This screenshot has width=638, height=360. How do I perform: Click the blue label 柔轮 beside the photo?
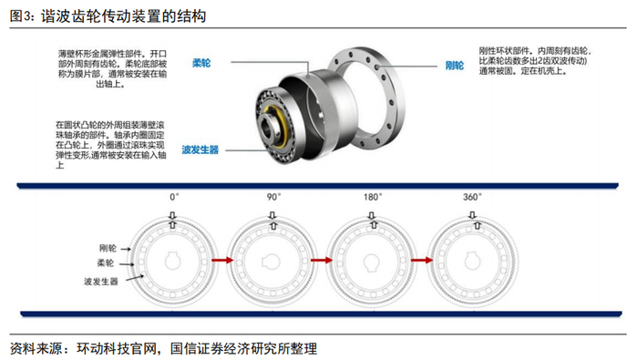pos(201,63)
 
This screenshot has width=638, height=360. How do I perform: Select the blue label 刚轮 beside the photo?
pos(455,66)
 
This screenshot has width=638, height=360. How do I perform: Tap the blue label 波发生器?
pos(201,149)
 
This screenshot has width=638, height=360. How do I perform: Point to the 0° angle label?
pos(174,197)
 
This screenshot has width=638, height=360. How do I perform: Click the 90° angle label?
pos(273,197)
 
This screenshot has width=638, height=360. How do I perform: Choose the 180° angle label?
pos(373,197)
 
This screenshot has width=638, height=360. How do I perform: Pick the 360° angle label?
pos(472,197)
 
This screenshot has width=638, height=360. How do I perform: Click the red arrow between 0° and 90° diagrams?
pos(222,260)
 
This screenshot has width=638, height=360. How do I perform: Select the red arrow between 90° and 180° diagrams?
pos(322,260)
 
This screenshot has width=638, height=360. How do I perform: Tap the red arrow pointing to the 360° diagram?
pos(422,260)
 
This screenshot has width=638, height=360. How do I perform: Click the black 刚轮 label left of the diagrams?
pos(108,248)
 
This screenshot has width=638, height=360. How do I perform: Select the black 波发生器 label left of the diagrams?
pos(101,281)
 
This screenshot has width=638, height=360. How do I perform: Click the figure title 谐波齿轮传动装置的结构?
pos(123,16)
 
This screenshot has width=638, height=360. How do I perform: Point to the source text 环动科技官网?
pos(117,349)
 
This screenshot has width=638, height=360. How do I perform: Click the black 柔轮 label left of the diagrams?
pos(105,262)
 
